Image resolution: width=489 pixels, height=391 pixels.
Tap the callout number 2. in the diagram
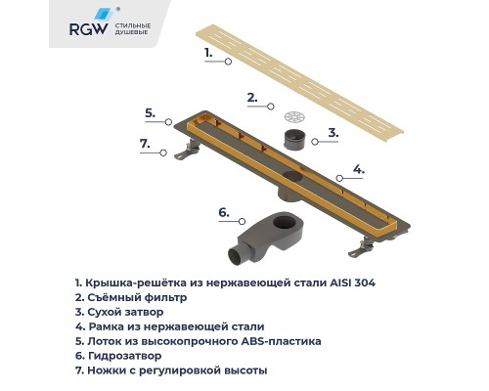pos(251,98)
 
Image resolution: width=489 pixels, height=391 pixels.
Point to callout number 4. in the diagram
pos(358,169)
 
